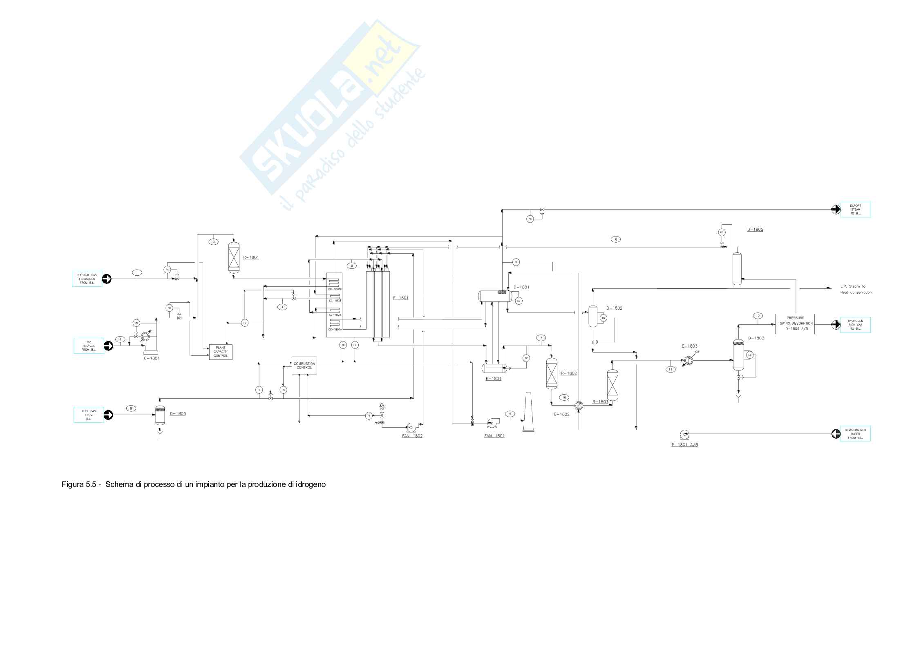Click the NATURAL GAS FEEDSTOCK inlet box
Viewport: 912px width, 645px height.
tap(87, 279)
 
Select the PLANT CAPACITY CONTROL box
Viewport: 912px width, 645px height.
tap(221, 352)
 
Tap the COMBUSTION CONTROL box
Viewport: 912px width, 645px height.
tap(304, 365)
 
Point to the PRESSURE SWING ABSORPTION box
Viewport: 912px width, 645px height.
tap(794, 324)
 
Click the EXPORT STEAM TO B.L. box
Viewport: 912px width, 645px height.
tap(855, 210)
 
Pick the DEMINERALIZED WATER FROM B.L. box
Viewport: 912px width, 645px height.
tap(855, 433)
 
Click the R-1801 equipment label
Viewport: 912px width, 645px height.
tap(250, 257)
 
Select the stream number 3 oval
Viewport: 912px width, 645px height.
tap(214, 241)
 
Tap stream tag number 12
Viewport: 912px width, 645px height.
tap(758, 315)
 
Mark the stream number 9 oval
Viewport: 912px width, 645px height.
tap(510, 414)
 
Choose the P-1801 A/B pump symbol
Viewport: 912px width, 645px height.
tap(683, 433)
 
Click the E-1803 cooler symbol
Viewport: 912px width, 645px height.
tap(688, 360)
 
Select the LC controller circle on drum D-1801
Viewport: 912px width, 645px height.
tap(519, 301)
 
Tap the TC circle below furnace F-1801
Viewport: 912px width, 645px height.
tap(343, 345)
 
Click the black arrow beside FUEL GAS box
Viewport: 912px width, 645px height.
tap(108, 415)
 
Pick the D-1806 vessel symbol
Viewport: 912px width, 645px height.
tap(160, 415)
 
